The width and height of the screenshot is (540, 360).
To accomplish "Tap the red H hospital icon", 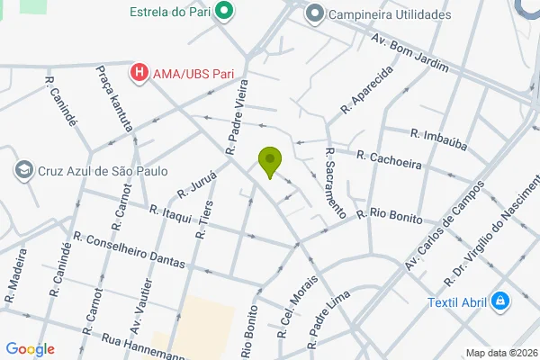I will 139,72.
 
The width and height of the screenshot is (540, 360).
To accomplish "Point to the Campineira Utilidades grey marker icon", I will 314,13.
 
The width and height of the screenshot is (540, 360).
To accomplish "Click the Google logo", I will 30,349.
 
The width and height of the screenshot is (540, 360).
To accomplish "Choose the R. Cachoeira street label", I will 390,157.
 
